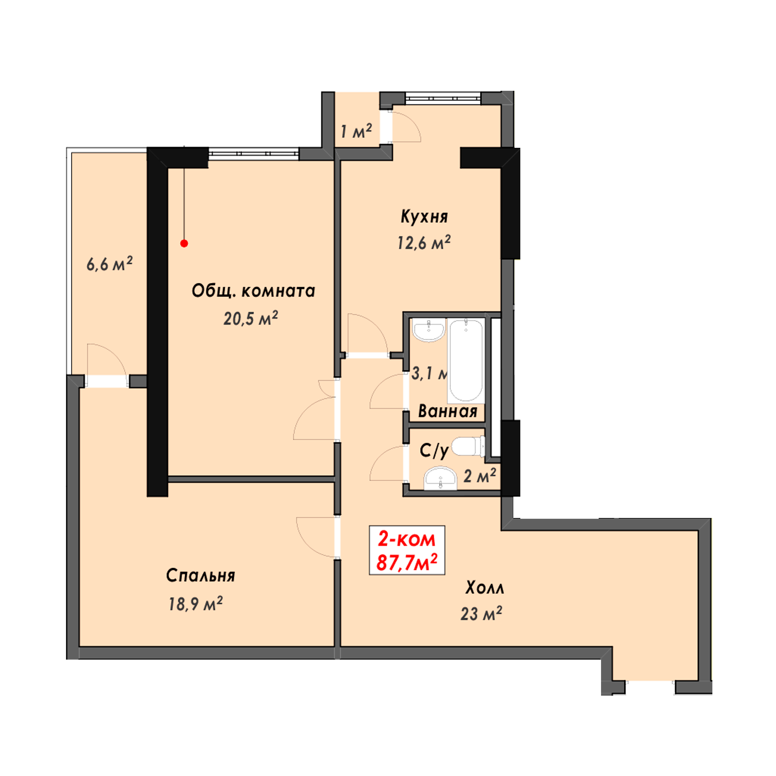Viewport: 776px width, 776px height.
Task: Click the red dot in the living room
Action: coord(184,243)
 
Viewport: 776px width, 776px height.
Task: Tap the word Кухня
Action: coord(424,217)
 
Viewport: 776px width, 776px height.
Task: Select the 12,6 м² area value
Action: coord(424,242)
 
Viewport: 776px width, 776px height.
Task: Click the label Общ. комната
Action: coord(253,291)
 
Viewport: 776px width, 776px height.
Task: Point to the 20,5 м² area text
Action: coord(251,319)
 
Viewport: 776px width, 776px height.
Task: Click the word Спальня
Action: coord(201,575)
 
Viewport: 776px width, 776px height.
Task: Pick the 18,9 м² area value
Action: coord(195,604)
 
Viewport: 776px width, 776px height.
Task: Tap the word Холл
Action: coord(484,587)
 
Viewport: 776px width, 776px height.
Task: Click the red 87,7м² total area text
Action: coord(407,562)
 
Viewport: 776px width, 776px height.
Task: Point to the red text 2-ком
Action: coord(407,539)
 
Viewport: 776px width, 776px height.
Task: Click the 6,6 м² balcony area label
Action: coord(109,264)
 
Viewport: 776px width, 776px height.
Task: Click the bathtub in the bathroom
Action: coord(466,361)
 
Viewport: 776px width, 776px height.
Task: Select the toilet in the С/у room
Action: coord(468,447)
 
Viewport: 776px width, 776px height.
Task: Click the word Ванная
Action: coord(447,411)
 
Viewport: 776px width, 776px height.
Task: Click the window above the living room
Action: coord(253,154)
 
